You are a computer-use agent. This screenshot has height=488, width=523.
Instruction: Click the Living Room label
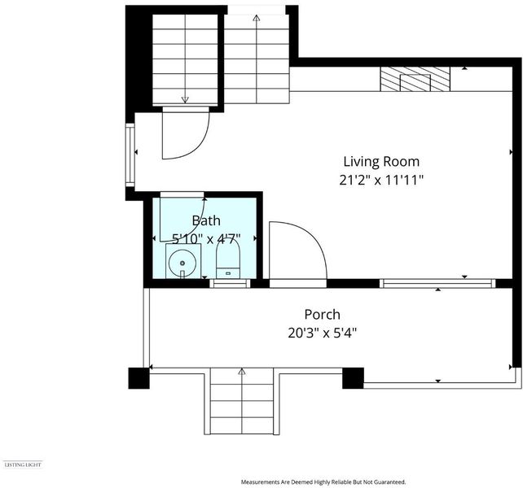tap(381, 162)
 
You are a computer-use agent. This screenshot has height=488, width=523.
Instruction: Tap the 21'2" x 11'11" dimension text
tap(381, 181)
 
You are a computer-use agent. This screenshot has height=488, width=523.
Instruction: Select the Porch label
tap(323, 315)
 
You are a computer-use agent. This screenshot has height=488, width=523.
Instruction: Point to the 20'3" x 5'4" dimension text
tap(323, 333)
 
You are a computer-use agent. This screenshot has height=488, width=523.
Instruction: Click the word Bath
tap(206, 220)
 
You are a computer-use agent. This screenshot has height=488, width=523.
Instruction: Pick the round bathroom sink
tap(182, 264)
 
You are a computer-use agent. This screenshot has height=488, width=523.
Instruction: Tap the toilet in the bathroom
tap(228, 259)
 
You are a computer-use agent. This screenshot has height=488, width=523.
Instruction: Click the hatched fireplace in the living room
tap(415, 79)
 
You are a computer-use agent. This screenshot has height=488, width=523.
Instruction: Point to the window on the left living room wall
tap(130, 155)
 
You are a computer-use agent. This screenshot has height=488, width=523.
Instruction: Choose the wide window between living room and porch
tap(437, 284)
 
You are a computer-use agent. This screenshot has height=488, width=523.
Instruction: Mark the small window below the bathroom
tap(230, 284)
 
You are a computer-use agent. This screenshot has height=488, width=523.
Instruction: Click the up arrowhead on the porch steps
tap(242, 372)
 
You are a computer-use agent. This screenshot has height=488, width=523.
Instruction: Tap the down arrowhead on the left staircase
tap(185, 99)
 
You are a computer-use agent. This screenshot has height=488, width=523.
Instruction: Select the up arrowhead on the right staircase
tap(256, 18)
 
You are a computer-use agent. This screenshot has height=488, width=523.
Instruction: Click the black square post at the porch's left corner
tap(138, 378)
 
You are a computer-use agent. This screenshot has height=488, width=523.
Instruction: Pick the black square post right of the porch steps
tap(353, 378)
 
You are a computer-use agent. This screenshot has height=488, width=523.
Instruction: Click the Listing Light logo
tap(23, 464)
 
